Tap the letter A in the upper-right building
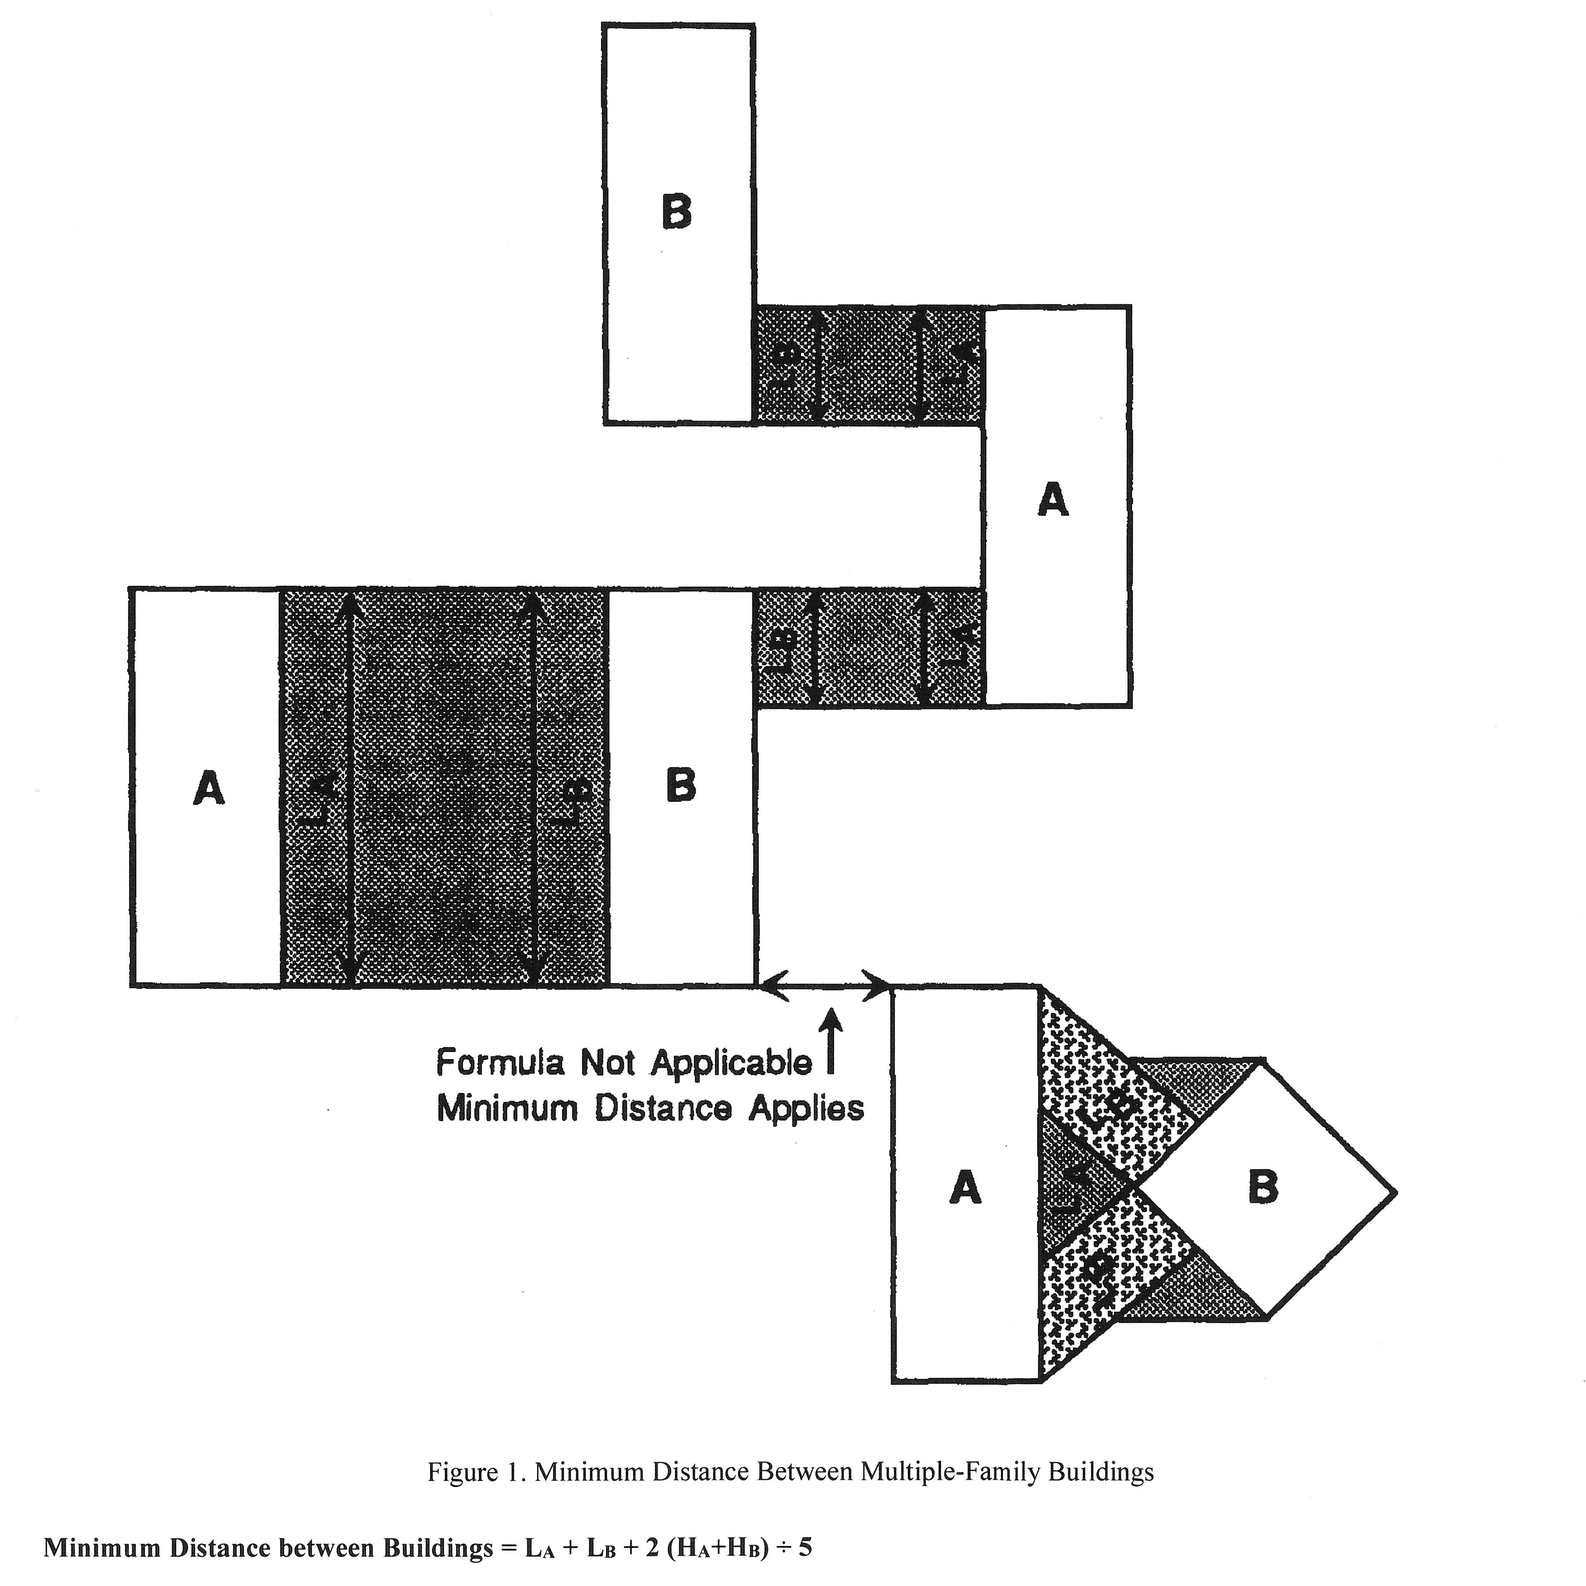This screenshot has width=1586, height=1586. tap(1053, 499)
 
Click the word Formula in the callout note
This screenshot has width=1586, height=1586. tap(501, 1063)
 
